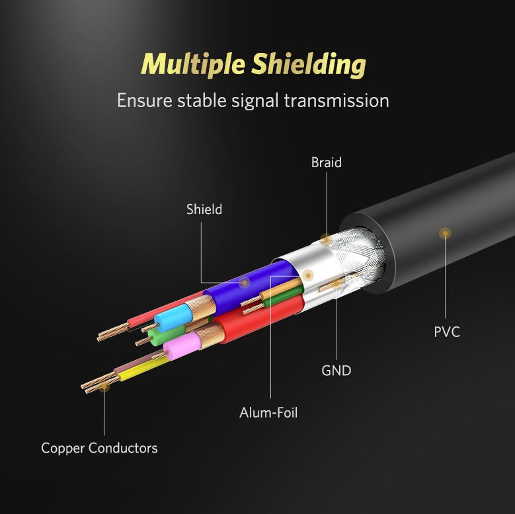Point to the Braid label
[327, 163]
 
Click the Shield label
[204, 210]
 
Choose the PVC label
[446, 332]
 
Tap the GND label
[336, 371]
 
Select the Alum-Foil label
[268, 413]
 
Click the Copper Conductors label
[99, 448]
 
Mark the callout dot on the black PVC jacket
[445, 233]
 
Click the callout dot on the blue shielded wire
[245, 283]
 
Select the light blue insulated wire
[171, 318]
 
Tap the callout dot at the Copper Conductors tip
[104, 388]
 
